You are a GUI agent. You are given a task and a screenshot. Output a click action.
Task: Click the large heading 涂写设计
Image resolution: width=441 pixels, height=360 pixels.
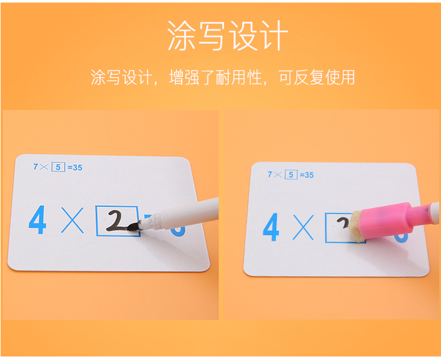coord(228,35)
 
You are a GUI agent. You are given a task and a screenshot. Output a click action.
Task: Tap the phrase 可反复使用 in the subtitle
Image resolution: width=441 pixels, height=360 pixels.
coord(317,77)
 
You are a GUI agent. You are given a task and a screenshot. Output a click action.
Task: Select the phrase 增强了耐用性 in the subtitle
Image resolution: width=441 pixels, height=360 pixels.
coord(216,77)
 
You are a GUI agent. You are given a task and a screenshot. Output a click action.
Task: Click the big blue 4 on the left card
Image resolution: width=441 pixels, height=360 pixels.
coord(38,219)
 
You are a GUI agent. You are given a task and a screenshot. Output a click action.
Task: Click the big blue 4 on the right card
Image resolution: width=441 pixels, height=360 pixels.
coord(271,227)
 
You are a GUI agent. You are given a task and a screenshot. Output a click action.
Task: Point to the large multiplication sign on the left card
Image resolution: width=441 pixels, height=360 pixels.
coord(72,220)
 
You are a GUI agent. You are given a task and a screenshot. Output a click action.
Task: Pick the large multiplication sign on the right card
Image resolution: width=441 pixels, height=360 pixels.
coord(303,227)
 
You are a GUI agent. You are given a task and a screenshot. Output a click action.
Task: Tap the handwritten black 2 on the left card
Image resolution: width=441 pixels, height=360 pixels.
coord(116,221)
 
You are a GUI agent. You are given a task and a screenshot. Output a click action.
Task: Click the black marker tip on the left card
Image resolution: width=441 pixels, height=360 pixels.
coord(133,226)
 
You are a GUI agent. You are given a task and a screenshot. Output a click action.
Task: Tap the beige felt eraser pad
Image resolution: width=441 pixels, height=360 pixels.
coord(358,227)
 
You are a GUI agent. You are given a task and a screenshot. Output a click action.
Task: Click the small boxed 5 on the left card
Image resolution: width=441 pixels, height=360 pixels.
coord(58,167)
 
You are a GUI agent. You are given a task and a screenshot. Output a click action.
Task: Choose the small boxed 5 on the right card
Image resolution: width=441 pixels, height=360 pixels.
coord(291,175)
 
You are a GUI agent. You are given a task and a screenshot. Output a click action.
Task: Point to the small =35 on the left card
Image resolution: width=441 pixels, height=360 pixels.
coord(75,168)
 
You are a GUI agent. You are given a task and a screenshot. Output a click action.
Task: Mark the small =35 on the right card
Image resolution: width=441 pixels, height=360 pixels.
coord(306,175)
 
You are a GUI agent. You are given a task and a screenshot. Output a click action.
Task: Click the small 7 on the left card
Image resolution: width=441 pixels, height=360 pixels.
coord(35,166)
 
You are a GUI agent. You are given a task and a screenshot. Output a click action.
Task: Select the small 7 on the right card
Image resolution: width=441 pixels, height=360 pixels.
coord(270,174)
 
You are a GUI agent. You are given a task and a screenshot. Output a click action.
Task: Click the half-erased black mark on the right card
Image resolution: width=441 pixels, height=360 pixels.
coord(343,223)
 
